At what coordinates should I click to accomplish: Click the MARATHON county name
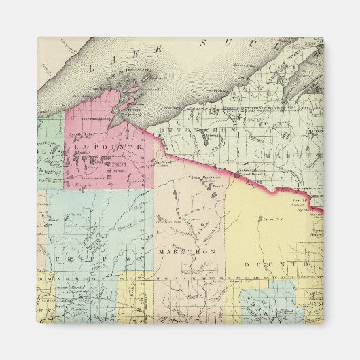tap(187, 251)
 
